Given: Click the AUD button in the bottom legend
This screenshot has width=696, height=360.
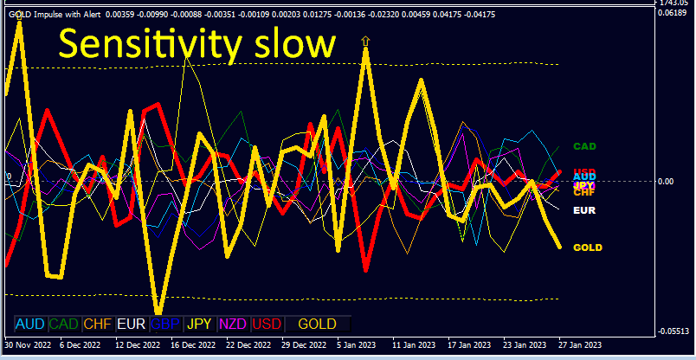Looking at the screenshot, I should tap(30, 325).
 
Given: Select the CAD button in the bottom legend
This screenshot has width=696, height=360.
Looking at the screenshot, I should tap(64, 325).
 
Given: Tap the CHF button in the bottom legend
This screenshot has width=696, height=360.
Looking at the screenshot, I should tap(98, 325).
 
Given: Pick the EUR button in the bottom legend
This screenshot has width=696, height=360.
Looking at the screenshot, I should tap(131, 325).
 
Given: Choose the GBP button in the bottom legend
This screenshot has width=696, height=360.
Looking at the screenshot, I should tap(165, 325).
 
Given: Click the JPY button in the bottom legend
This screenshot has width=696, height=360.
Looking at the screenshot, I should tap(200, 325).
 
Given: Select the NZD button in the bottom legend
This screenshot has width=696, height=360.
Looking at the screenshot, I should tap(233, 325).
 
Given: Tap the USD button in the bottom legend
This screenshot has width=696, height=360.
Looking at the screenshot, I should tap(267, 325).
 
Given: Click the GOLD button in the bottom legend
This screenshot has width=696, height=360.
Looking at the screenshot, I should tap(317, 325).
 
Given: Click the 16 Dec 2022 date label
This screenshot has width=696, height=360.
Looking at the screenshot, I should tap(193, 344).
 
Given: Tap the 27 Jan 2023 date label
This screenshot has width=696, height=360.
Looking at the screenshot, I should tap(580, 344).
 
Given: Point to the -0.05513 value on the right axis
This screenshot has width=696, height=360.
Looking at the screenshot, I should tap(673, 331).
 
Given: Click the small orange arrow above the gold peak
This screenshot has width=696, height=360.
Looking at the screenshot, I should tap(366, 40).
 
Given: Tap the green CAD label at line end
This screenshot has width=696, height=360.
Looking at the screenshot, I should tap(585, 147).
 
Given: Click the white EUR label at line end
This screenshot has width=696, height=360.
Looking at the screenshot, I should tap(585, 209).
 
